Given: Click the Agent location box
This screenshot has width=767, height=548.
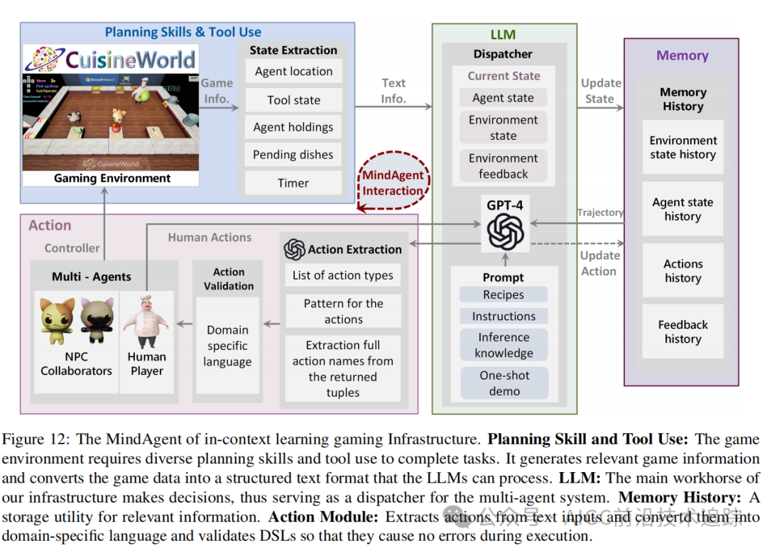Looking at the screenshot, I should coord(293,71).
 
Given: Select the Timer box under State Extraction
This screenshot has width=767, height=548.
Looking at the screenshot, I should coord(293,182).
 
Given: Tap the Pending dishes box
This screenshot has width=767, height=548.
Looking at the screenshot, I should coord(293,155).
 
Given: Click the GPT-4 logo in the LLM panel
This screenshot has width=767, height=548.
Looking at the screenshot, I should coord(505,231).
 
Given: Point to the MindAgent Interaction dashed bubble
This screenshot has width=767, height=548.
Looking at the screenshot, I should coord(392,182).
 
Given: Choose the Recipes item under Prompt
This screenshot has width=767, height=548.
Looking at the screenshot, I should coord(504,295).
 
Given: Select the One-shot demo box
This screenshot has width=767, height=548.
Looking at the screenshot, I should coord(504,383).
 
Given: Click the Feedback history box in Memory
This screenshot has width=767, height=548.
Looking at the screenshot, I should coord(682,331).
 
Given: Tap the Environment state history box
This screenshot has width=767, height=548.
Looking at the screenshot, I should coord(682,147).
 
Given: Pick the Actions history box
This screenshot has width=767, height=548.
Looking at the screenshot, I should coord(682,270).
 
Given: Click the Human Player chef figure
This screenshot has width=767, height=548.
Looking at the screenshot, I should coord(146,319).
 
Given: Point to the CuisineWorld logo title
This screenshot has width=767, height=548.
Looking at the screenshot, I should coord(131,59).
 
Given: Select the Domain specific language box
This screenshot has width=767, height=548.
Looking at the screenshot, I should coord(227,346).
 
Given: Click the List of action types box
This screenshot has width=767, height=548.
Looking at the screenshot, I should coord(343,275).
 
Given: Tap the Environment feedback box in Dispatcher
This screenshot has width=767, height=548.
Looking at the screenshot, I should coord(504,166).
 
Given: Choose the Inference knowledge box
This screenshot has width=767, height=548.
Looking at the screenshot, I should coord(504,345).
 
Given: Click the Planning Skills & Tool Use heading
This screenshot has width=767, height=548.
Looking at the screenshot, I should coord(183,32).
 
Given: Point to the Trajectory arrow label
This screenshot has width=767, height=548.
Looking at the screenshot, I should coord(600,212).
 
